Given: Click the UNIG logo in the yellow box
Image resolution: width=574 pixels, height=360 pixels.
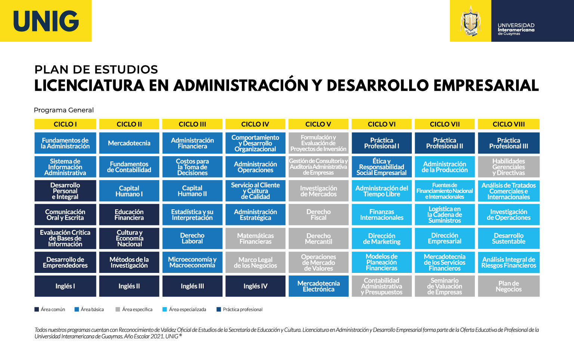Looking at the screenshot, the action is tap(46, 21).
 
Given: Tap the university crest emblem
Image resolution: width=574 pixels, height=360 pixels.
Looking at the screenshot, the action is tap(470, 21).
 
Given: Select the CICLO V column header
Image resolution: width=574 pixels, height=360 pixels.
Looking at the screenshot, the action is tap(318, 124).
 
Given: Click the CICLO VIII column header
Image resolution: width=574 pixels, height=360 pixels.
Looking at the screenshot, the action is tap(509, 124).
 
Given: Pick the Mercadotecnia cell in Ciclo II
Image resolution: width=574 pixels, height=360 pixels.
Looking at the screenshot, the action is tap(129, 143).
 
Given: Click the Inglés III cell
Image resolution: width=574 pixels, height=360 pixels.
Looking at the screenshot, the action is tap(192, 286).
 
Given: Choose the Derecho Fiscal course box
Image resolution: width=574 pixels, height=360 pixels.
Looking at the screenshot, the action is tap(318, 215).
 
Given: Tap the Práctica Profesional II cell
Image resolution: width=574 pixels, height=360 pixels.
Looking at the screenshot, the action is tap(445, 143).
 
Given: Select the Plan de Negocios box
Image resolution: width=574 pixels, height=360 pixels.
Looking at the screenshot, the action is tap(509, 286).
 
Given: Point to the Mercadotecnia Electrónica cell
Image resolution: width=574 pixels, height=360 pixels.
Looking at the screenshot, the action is tap(318, 286).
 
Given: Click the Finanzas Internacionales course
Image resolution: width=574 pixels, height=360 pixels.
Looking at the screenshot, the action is tap(382, 215).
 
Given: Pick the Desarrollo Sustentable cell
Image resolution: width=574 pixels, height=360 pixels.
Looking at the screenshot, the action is tap(509, 239).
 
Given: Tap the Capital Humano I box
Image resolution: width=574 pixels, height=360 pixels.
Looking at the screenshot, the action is tap(129, 191).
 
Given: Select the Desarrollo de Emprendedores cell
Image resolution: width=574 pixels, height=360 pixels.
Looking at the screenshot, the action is tap(65, 262).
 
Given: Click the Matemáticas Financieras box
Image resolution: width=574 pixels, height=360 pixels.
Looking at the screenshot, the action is tap(255, 239).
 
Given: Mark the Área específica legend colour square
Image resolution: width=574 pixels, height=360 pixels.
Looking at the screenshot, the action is tap(118, 310).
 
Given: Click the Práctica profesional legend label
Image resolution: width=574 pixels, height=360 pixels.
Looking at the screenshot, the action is tap(243, 310).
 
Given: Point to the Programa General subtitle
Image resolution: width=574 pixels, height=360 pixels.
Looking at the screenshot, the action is tap(64, 110).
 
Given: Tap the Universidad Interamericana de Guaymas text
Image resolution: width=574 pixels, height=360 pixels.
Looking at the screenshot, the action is tap(516, 29).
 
